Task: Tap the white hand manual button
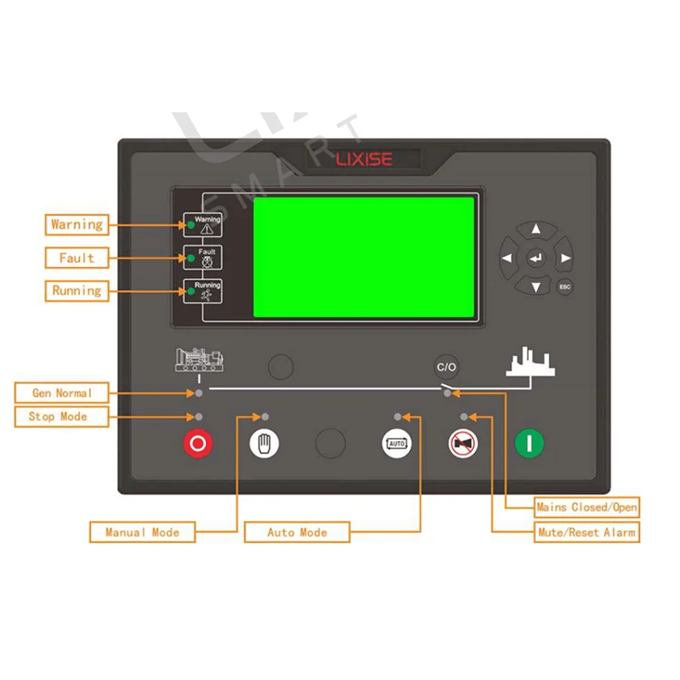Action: click(x=264, y=443)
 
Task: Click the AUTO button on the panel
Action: click(x=397, y=443)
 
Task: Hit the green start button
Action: click(x=529, y=443)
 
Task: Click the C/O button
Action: click(x=446, y=367)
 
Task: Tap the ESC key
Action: click(x=564, y=286)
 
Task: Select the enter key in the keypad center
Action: click(x=536, y=258)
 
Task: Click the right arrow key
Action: click(x=564, y=258)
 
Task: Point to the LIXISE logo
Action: click(x=364, y=159)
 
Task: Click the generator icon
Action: click(x=199, y=360)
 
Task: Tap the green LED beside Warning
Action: click(x=190, y=225)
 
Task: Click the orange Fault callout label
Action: click(x=76, y=258)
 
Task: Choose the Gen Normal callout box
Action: click(x=61, y=393)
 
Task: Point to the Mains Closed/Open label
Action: click(x=586, y=507)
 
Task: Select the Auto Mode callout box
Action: click(x=297, y=532)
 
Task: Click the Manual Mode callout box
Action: click(x=142, y=532)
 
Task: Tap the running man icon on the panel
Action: click(x=207, y=295)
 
